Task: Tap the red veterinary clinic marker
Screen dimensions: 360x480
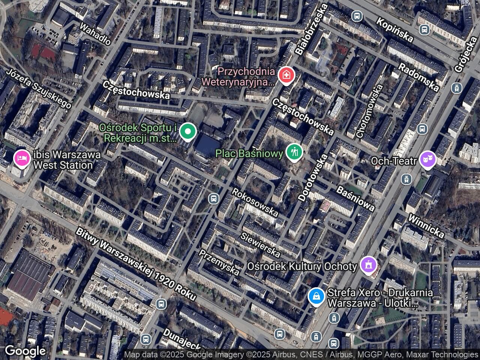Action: coord(287,75)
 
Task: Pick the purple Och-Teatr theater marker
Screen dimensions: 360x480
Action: coord(428,161)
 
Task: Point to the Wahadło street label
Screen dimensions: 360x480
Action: coord(96,34)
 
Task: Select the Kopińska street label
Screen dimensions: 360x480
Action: coord(395,30)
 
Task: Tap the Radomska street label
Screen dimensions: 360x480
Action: coord(418,77)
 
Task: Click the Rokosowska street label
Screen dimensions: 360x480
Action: coord(255,202)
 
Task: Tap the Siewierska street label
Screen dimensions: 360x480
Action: coord(260,244)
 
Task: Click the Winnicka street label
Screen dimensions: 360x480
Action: coord(426,226)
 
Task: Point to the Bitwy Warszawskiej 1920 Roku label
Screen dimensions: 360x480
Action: coord(136,264)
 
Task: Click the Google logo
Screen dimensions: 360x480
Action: coord(25,351)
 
